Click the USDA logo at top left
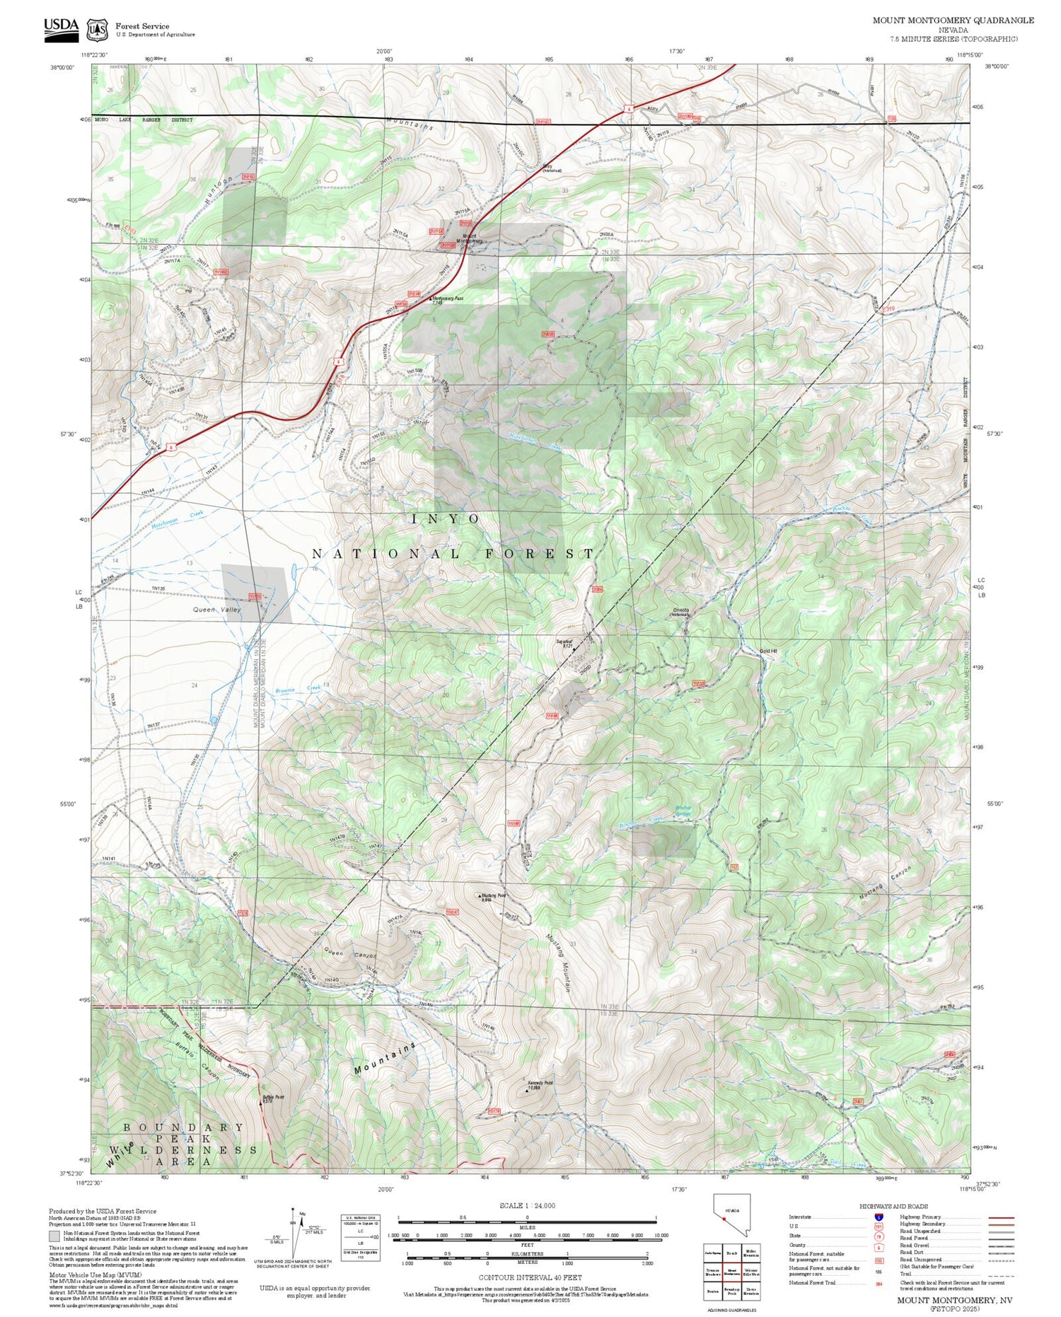click(61, 29)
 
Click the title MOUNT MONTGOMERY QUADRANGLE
click(953, 21)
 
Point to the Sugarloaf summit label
click(564, 643)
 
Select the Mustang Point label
click(493, 897)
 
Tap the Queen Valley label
click(216, 610)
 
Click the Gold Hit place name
click(767, 651)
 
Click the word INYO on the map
click(446, 519)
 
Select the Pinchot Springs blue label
click(683, 810)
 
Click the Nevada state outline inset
click(731, 1215)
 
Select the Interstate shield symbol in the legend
click(879, 1217)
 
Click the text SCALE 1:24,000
click(527, 1206)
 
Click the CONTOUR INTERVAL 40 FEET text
click(530, 1277)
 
